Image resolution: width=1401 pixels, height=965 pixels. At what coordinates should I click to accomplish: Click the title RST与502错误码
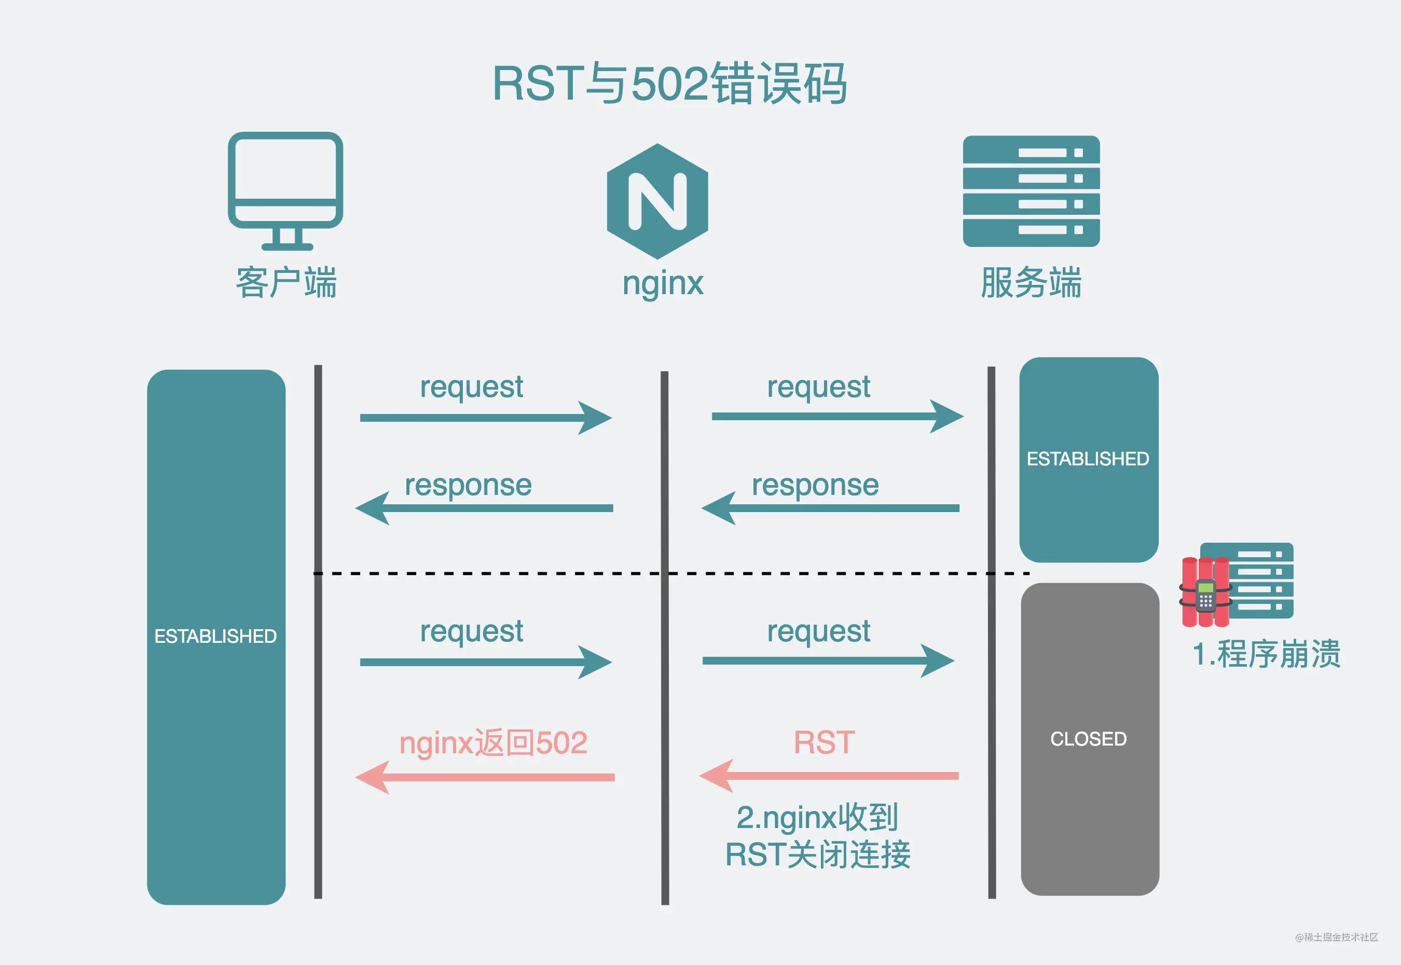click(669, 84)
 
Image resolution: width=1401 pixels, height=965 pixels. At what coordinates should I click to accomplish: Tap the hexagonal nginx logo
click(657, 201)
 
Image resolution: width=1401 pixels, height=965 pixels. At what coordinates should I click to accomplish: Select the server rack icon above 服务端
click(1031, 191)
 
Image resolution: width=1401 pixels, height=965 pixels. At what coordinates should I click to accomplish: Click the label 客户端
click(285, 282)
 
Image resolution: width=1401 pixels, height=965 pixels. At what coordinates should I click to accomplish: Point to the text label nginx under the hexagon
click(663, 283)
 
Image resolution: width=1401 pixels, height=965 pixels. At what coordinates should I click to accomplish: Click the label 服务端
click(1031, 282)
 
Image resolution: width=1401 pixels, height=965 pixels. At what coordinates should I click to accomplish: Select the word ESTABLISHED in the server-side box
click(1087, 459)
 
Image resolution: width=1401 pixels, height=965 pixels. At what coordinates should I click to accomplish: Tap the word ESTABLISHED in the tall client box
click(215, 636)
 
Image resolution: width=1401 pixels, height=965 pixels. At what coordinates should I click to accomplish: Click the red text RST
click(823, 742)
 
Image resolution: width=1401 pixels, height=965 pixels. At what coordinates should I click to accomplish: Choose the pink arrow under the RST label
click(828, 776)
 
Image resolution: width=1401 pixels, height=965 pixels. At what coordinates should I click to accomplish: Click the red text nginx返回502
click(493, 742)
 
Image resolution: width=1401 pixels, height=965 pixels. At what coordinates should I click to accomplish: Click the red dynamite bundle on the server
click(1204, 592)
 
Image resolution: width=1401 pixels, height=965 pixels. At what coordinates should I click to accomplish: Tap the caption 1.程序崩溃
click(1266, 654)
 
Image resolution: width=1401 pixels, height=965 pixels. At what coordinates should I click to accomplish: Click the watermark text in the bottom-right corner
click(1336, 937)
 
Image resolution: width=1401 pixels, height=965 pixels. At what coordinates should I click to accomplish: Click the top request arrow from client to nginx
click(486, 418)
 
